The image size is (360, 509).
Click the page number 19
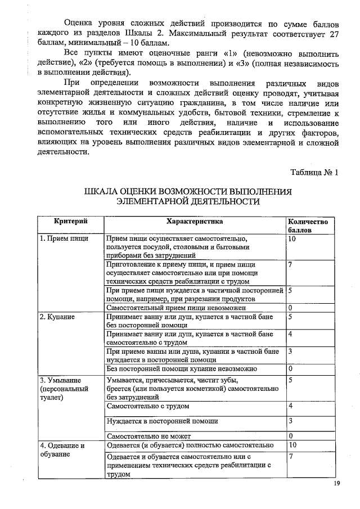337,484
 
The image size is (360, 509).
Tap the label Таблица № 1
314,173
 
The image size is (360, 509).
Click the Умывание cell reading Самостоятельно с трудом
147,406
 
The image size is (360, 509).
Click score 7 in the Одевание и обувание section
290,456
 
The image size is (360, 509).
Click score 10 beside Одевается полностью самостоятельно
292,445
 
